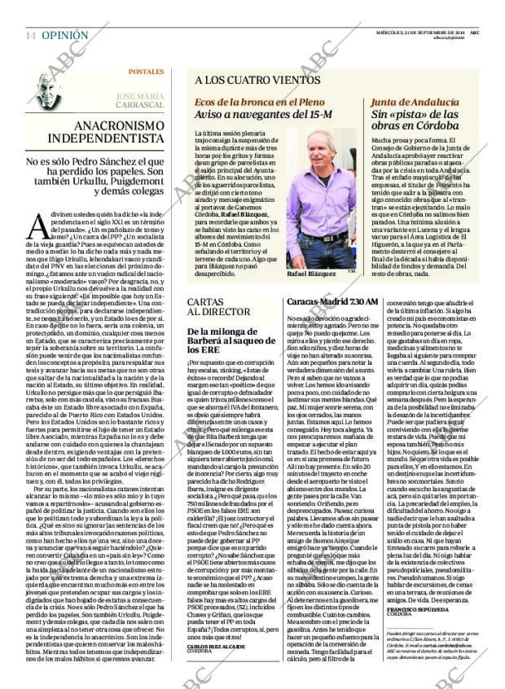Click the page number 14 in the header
(29, 36)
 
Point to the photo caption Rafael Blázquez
(312, 274)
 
